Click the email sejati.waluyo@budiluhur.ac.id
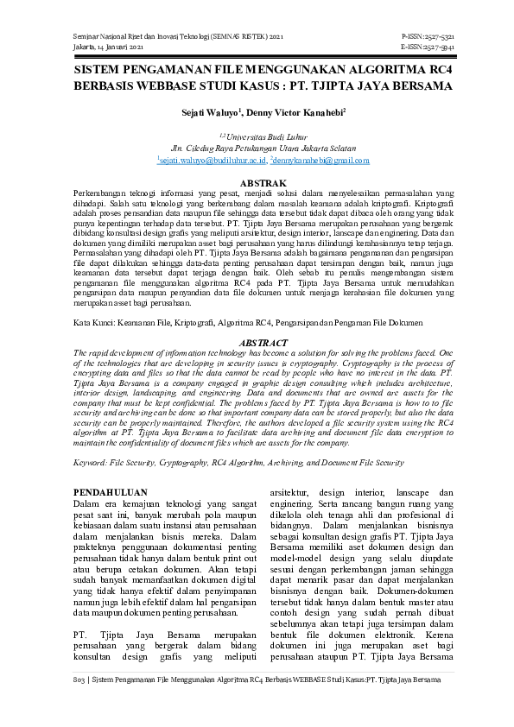point(212,160)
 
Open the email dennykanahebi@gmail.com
point(321,160)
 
